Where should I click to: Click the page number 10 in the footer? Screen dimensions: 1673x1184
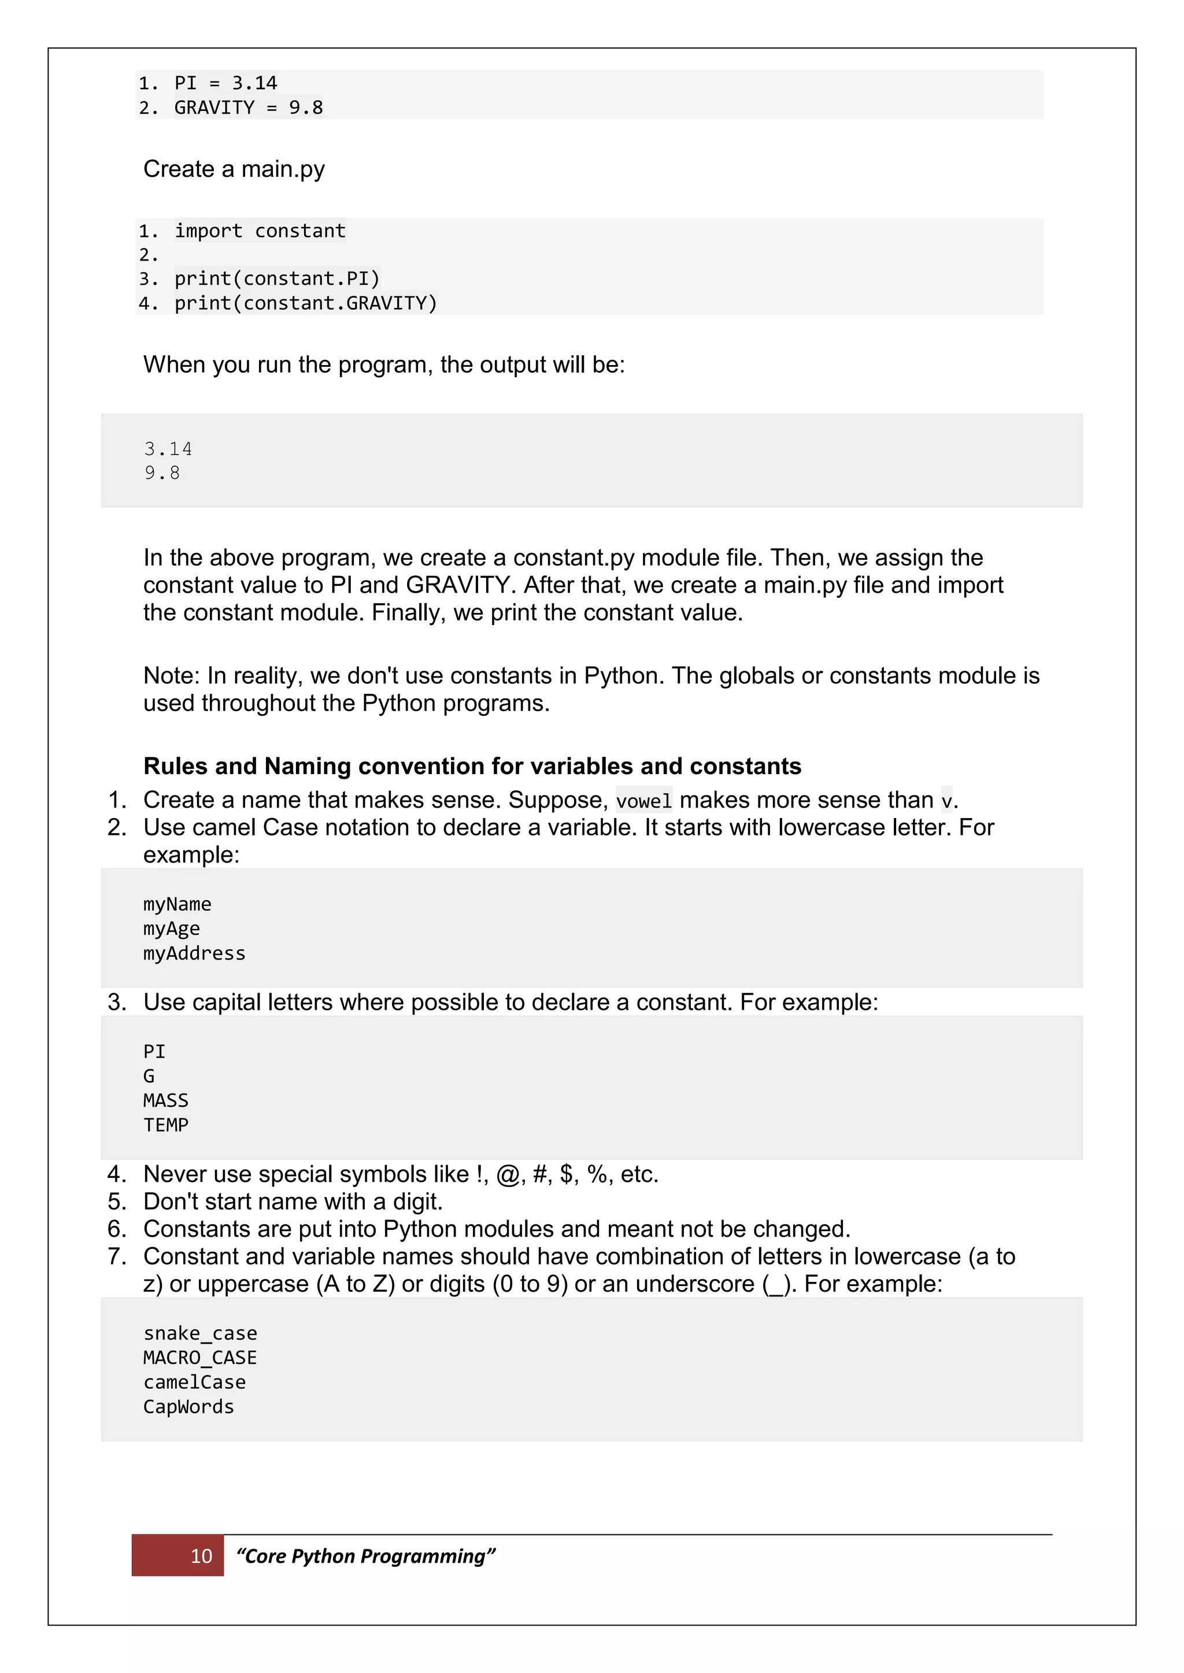[201, 1556]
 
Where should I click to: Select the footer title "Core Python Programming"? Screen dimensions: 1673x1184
[365, 1556]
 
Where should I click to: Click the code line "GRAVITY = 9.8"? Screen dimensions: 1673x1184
[248, 108]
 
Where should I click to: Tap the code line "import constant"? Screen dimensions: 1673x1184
[260, 231]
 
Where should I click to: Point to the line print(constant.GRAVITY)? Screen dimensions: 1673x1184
[305, 303]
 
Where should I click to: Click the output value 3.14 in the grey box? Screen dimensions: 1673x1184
[168, 449]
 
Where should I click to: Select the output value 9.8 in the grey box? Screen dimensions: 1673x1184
[162, 473]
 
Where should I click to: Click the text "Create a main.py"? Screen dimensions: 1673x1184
[234, 169]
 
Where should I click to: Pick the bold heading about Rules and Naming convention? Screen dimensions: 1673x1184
[472, 766]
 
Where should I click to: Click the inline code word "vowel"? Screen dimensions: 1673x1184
[643, 801]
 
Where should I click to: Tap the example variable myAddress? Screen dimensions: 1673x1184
[194, 953]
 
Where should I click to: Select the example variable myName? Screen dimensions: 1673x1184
[177, 904]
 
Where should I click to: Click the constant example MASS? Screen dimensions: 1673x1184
[165, 1101]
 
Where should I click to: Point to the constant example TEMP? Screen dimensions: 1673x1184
[165, 1125]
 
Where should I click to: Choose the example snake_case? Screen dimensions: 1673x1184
[200, 1333]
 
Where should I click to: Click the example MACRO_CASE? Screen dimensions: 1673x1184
[200, 1358]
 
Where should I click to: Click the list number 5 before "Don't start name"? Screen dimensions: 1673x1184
[116, 1202]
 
